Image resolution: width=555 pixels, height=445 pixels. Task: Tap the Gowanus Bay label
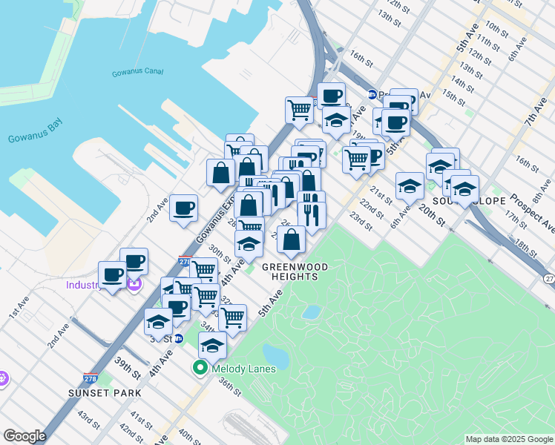click(x=34, y=138)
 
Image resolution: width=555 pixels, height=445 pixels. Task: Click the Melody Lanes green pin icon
click(x=200, y=368)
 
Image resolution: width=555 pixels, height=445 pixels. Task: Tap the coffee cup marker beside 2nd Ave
click(x=183, y=208)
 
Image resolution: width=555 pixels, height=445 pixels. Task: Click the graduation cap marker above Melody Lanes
click(x=213, y=346)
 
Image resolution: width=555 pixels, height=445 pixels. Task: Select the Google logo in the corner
click(x=24, y=435)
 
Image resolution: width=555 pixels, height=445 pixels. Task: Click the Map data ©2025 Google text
click(x=508, y=439)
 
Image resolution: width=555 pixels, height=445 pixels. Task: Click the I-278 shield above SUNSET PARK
click(x=91, y=378)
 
